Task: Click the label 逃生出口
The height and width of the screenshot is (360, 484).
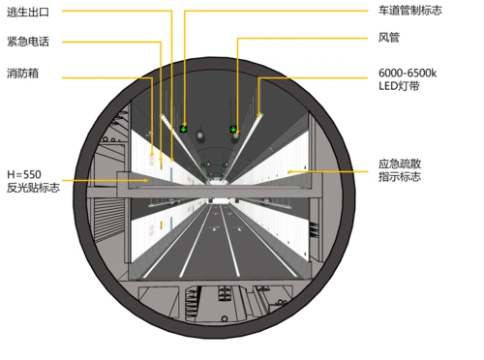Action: [x=28, y=13]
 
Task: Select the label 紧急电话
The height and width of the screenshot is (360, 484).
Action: [x=28, y=43]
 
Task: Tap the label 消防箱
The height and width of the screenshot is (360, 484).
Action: [x=22, y=73]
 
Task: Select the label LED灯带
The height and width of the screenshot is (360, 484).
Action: [x=400, y=86]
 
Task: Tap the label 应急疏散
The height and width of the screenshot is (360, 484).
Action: [x=399, y=165]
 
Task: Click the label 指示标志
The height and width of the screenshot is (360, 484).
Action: [x=399, y=179]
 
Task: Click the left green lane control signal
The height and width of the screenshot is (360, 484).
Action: [x=183, y=127]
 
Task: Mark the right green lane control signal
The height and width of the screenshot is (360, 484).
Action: [x=233, y=128]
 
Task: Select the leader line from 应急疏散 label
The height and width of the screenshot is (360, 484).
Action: [x=339, y=171]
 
